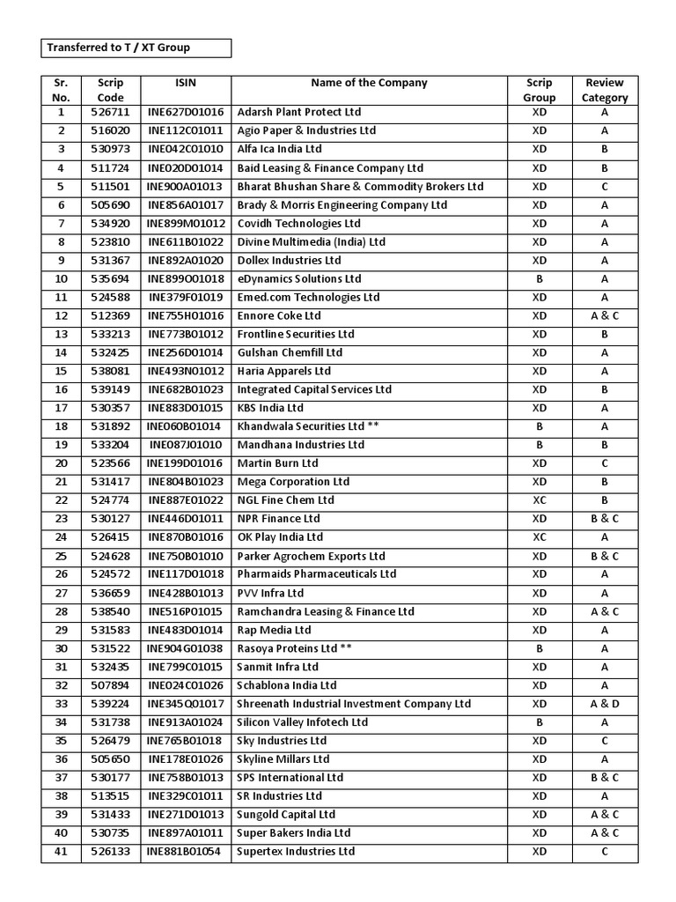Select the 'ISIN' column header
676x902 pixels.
click(x=186, y=83)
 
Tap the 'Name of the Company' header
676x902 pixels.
click(x=369, y=83)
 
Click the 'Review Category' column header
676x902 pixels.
click(x=605, y=90)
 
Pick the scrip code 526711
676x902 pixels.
click(x=110, y=113)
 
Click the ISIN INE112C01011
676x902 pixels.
click(x=186, y=131)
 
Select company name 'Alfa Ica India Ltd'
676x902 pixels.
click(x=288, y=150)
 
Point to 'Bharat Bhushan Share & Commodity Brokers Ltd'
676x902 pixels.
click(x=360, y=187)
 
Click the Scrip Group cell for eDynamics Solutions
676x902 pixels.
click(x=540, y=279)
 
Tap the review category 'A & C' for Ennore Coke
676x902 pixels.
click(x=605, y=316)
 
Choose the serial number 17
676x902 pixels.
click(x=61, y=409)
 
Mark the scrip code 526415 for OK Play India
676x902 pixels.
click(x=110, y=537)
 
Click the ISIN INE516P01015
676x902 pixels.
click(x=186, y=611)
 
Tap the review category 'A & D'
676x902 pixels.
click(x=605, y=704)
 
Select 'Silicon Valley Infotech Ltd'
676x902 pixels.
click(x=303, y=722)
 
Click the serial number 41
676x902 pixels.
click(x=61, y=852)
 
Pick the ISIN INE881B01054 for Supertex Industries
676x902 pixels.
click(x=186, y=852)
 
